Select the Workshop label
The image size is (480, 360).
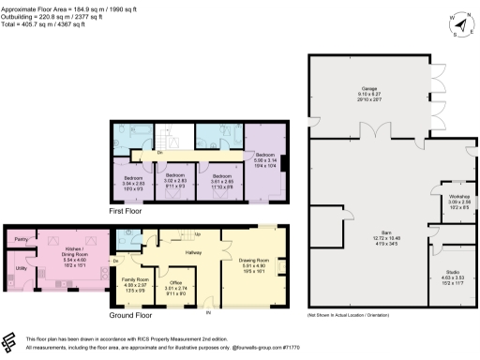click(444, 195)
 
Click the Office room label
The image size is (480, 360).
click(176, 282)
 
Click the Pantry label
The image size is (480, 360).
click(21, 239)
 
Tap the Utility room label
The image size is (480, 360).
click(20, 268)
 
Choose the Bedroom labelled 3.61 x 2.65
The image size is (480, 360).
click(221, 176)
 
